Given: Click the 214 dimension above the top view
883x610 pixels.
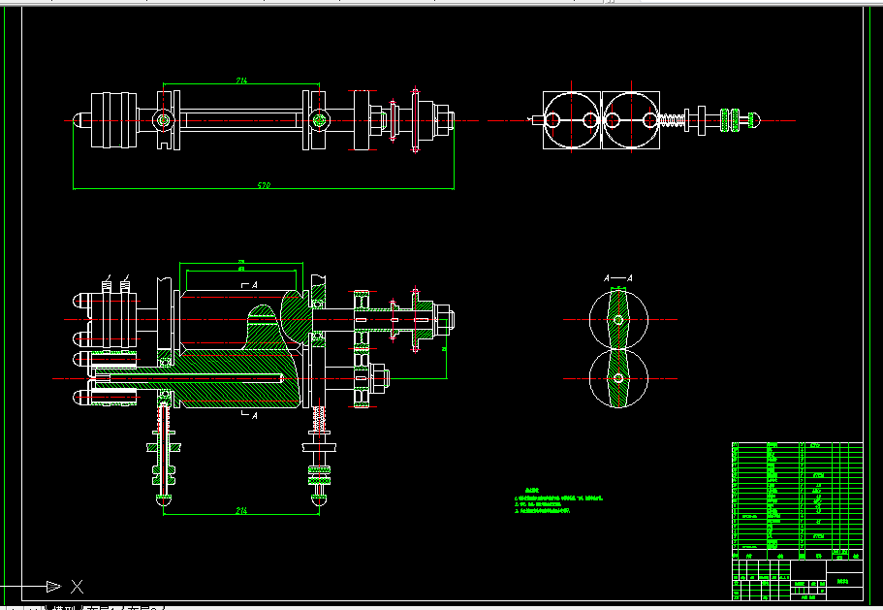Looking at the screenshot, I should (241, 80).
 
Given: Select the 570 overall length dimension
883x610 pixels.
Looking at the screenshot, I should (263, 184).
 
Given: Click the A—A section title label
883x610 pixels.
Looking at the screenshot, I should (617, 278).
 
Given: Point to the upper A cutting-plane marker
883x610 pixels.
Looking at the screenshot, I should (254, 286).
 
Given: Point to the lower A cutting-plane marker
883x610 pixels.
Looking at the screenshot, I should (254, 415).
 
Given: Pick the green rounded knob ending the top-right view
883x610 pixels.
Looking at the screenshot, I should (752, 120).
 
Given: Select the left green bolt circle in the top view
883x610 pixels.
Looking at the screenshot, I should (164, 120).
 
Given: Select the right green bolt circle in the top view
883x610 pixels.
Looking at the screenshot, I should (319, 120).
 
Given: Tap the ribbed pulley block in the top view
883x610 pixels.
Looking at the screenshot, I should (113, 120).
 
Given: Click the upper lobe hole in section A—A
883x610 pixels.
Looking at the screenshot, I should (617, 319).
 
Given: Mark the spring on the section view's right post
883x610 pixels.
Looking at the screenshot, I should (318, 421).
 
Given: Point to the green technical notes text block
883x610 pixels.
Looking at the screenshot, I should (560, 500).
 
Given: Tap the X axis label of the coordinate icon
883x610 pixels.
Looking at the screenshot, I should (78, 586).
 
